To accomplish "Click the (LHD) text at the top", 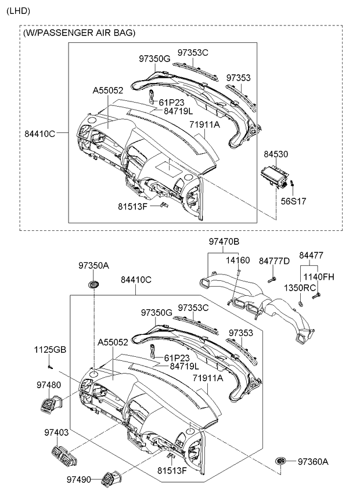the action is coord(18,11).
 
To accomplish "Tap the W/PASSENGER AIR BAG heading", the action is coord(79,32).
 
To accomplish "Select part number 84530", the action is coord(276,154).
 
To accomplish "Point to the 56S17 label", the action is coord(293,201).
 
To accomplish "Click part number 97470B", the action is coord(224,241).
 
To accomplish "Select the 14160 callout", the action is coord(238,260).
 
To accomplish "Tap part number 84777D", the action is coord(274,261).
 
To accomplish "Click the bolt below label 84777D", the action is coord(272,280).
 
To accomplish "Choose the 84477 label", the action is coord(311,255).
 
